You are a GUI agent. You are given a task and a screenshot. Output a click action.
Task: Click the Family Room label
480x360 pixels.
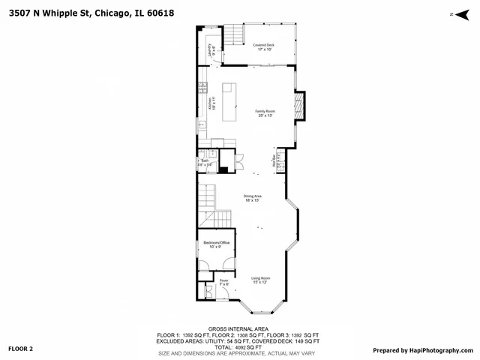[x=264, y=113]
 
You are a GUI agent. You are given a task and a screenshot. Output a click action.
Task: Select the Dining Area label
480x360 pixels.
[x=251, y=198]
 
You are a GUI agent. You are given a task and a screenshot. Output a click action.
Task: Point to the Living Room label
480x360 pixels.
[x=260, y=280]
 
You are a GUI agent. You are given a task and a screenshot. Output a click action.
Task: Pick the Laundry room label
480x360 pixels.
[x=210, y=50]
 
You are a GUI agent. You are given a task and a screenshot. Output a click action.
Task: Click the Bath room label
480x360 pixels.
[x=205, y=162]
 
